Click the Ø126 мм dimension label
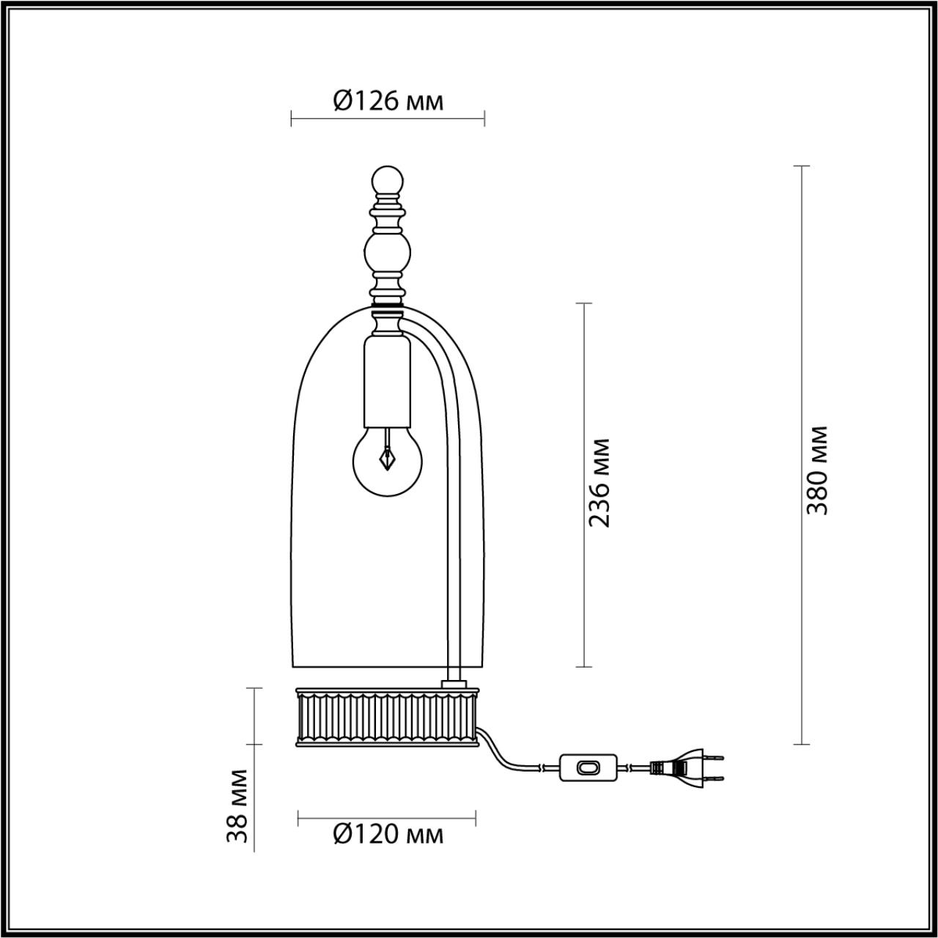pyautogui.click(x=388, y=100)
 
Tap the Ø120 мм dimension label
pyautogui.click(x=388, y=834)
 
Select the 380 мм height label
pyautogui.click(x=816, y=469)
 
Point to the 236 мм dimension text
pyautogui.click(x=600, y=483)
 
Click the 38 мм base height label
pyautogui.click(x=237, y=805)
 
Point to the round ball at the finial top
pyautogui.click(x=388, y=180)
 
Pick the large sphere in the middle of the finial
pyautogui.click(x=388, y=251)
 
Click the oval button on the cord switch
pyautogui.click(x=587, y=767)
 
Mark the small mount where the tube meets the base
pyautogui.click(x=454, y=684)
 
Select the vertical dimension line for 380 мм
pyautogui.click(x=801, y=454)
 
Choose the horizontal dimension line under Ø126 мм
pyautogui.click(x=388, y=118)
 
